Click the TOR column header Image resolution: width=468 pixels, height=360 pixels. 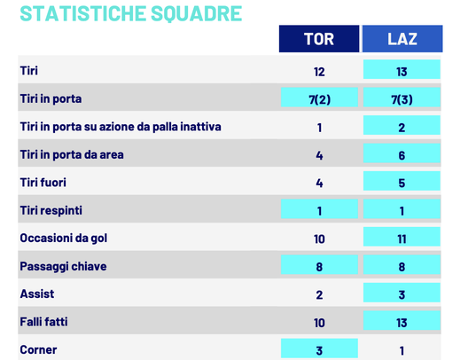pos(319,39)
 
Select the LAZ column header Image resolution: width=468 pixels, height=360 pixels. pos(402,39)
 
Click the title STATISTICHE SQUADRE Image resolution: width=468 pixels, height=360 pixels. pos(130,13)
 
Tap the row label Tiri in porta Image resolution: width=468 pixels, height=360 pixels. pos(51,98)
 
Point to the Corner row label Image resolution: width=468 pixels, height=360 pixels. pos(38,349)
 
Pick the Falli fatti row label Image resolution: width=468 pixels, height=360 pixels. pos(49,321)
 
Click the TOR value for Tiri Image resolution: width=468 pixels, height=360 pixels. pos(319,71)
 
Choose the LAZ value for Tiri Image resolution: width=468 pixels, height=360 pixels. pos(402,71)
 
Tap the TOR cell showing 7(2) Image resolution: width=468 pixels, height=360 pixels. pos(319,98)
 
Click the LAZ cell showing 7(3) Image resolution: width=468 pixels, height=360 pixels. pos(402,98)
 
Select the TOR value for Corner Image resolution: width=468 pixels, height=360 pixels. pos(319,349)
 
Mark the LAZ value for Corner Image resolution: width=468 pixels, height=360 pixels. pos(402,349)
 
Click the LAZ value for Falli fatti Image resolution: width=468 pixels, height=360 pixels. pos(402,321)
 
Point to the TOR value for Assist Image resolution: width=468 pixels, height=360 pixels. pos(319,293)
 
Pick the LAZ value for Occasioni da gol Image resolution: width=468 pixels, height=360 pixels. pos(402,238)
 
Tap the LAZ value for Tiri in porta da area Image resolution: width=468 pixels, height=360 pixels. pos(402,154)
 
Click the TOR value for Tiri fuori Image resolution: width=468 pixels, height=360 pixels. pos(319,182)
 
